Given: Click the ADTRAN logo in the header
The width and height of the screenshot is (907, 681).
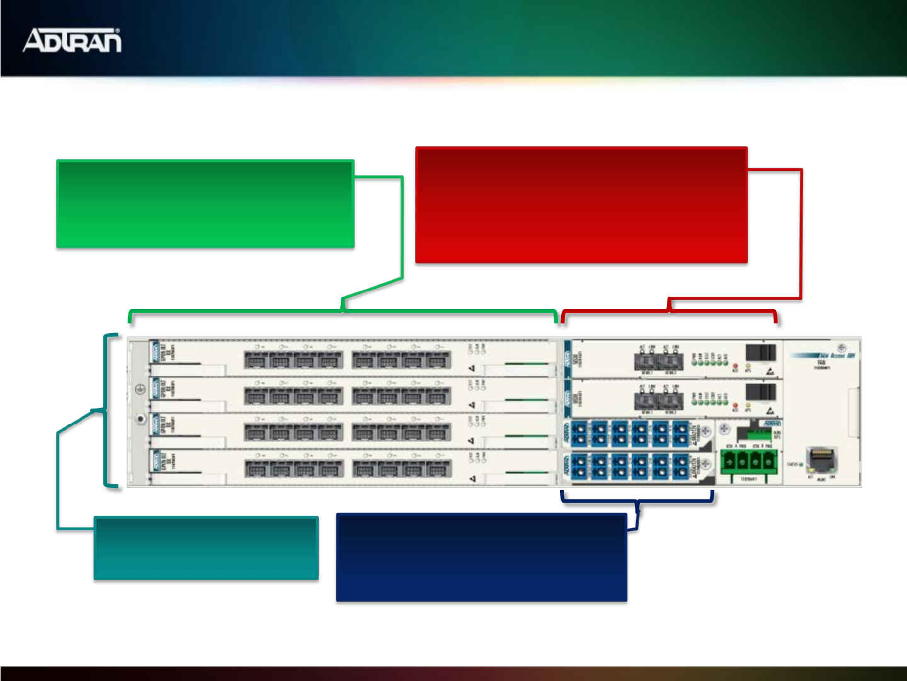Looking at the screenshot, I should pyautogui.click(x=72, y=40).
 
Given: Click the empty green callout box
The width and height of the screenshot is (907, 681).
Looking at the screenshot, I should pyautogui.click(x=205, y=204).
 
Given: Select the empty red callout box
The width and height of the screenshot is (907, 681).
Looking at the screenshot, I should pyautogui.click(x=581, y=206).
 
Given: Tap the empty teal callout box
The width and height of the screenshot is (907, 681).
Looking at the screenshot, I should pyautogui.click(x=206, y=548).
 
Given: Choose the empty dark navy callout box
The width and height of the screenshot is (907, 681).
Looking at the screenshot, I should pyautogui.click(x=481, y=557).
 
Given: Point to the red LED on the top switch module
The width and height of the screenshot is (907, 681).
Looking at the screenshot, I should pyautogui.click(x=735, y=366).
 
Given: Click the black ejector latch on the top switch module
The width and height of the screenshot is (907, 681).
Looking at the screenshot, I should pyautogui.click(x=760, y=352).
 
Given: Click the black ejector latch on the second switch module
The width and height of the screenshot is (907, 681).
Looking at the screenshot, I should pyautogui.click(x=760, y=392).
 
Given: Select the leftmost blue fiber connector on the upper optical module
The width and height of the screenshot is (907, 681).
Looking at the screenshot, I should pyautogui.click(x=579, y=433).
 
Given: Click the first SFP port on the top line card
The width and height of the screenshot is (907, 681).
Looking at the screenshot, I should pyautogui.click(x=256, y=360).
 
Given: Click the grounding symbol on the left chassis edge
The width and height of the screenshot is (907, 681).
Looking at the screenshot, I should pyautogui.click(x=140, y=390).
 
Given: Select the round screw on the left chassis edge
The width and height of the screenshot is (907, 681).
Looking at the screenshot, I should pyautogui.click(x=140, y=419).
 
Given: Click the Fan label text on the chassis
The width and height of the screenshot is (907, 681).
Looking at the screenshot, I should pyautogui.click(x=821, y=363).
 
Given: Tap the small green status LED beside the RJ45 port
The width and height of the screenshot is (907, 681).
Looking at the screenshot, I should pyautogui.click(x=801, y=465).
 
